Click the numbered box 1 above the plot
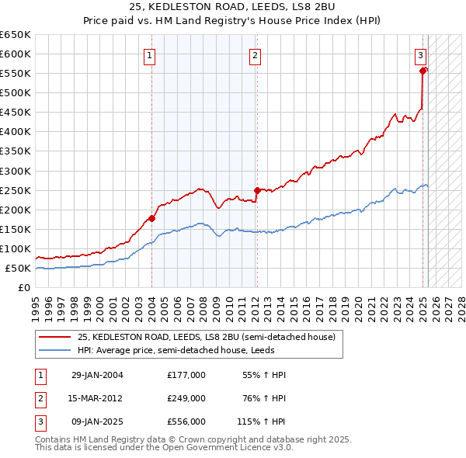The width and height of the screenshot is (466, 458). click(148, 55)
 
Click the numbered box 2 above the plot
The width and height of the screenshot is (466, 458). click(255, 55)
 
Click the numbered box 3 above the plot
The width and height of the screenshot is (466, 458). click(420, 55)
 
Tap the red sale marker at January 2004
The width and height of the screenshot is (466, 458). click(151, 218)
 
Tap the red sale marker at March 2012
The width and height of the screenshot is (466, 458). click(257, 189)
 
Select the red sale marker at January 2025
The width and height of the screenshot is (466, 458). click(423, 71)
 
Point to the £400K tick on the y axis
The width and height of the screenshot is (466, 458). click(16, 132)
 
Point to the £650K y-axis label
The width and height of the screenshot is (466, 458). click(16, 35)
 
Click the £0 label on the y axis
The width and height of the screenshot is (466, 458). click(23, 288)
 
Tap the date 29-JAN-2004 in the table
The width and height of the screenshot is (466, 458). click(97, 375)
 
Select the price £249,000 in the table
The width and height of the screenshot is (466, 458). click(186, 399)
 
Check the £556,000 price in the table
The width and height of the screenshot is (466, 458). click(186, 422)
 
